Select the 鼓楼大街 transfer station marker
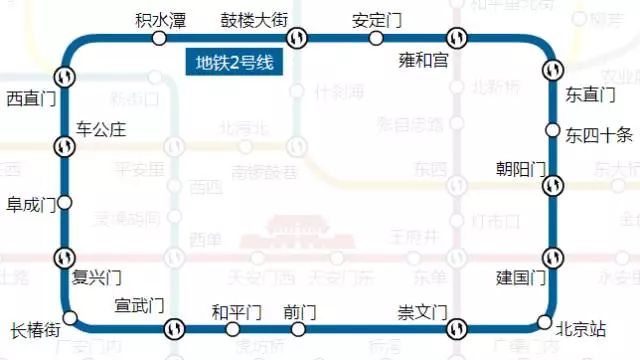click(x=297, y=38)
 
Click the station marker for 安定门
click(x=376, y=38)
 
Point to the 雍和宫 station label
click(x=424, y=62)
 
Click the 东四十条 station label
click(x=599, y=134)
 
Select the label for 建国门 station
click(x=521, y=277)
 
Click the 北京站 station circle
click(x=544, y=322)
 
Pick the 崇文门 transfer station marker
click(x=456, y=327)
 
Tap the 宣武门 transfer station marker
click(x=174, y=327)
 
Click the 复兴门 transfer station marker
click(x=65, y=256)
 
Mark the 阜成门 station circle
click(x=65, y=203)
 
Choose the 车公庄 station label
click(x=101, y=129)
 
